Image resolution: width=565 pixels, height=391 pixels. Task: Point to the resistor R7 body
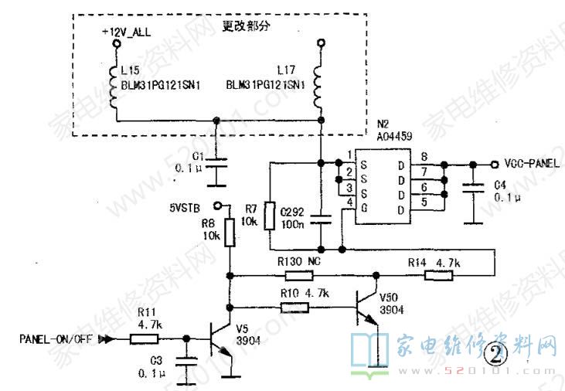pos(268,216)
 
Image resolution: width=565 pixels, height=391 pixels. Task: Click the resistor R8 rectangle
pos(229,232)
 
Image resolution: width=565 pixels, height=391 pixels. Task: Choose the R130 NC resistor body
pos(294,274)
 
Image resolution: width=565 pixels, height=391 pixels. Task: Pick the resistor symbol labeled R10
pos(294,307)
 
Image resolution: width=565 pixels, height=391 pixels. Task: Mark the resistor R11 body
pos(145,338)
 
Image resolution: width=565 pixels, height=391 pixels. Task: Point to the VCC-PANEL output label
pos(532,164)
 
